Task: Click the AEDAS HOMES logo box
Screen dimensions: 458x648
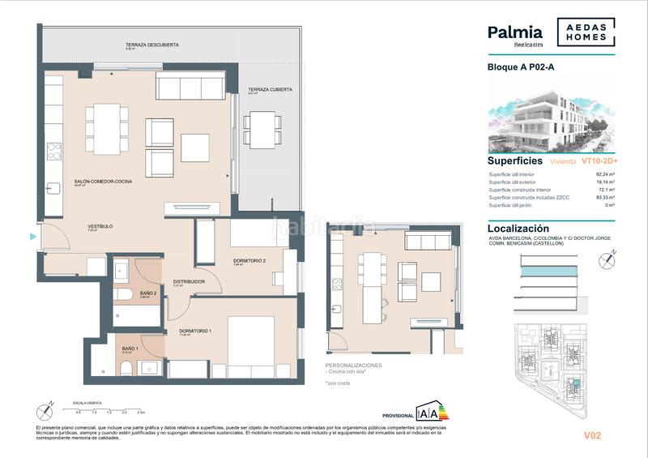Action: point(586,32)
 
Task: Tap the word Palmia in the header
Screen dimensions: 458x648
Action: point(514,32)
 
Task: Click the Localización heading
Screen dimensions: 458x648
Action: point(523,229)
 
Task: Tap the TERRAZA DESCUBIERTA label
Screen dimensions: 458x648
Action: point(152,45)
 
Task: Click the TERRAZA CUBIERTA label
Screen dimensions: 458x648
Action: point(270,89)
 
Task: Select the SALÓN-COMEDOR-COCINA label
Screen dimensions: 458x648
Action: point(102,182)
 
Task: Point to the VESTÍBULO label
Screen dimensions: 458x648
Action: point(100,226)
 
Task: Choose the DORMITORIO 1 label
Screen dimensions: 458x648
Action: point(194,331)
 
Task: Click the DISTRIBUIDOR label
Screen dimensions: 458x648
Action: point(188,282)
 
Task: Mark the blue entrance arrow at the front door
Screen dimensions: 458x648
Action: point(33,238)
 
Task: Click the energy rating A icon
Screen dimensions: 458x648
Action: point(432,412)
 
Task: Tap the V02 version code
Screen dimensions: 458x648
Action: point(593,436)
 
